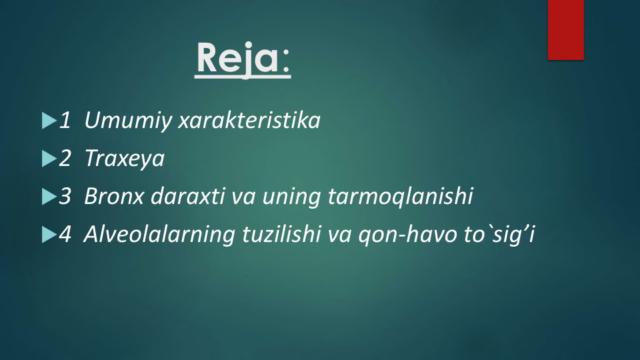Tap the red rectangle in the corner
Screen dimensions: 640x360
[x=566, y=30]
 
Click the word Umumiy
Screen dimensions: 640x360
[x=128, y=121]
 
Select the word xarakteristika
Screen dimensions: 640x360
[x=249, y=120]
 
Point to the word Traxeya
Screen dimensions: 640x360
[x=125, y=159]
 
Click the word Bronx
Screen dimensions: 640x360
[x=114, y=196]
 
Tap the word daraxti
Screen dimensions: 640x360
[x=188, y=195]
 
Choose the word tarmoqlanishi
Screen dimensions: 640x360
[x=400, y=196]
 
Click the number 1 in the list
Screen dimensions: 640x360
[x=65, y=121]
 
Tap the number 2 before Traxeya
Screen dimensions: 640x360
[x=65, y=158]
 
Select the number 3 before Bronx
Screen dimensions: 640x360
[x=65, y=196]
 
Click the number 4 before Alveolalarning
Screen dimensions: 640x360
[x=65, y=234]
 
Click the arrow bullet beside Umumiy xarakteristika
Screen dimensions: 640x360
[x=49, y=121]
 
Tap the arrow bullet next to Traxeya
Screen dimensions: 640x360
[x=49, y=159]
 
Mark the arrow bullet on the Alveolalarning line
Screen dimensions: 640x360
[x=49, y=235]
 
